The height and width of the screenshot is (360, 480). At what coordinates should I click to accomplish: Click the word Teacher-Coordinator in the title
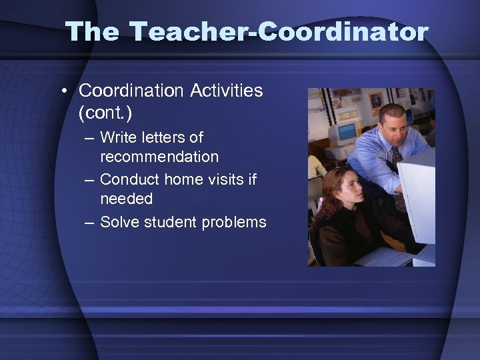coord(279,31)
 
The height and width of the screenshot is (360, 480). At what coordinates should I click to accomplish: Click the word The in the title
coord(92,31)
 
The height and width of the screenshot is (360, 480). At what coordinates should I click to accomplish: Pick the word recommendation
coord(159,157)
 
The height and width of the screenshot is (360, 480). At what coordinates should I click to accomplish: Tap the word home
coord(185,179)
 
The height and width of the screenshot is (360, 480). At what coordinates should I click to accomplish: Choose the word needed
coord(127,199)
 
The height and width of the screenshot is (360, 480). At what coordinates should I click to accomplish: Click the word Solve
coord(118,222)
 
